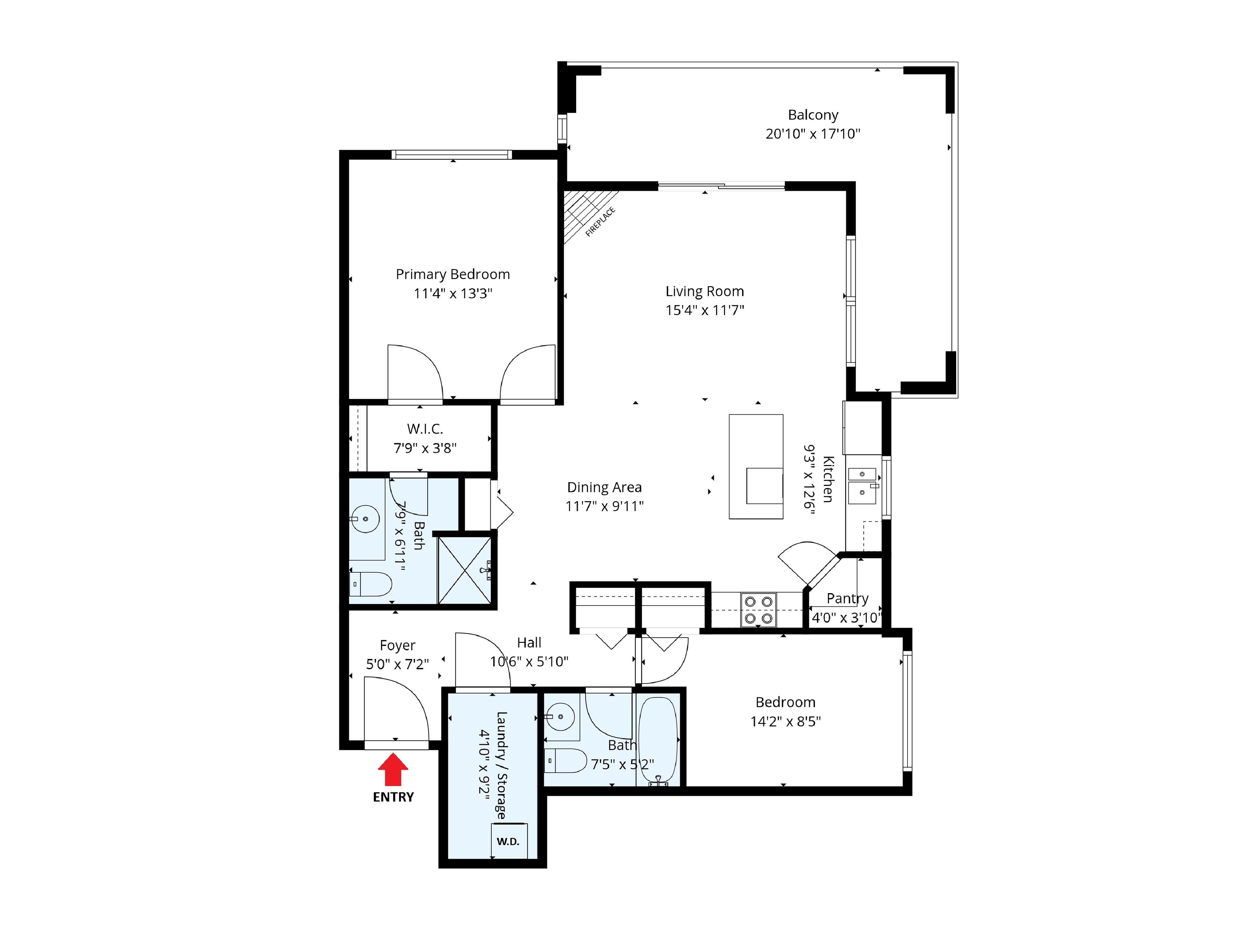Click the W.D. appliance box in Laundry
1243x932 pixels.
click(x=509, y=841)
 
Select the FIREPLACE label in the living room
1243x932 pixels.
click(x=600, y=222)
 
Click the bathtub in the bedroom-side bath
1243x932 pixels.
click(x=658, y=740)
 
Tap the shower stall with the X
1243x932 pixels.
click(x=465, y=570)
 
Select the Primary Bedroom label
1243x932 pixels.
click(x=453, y=274)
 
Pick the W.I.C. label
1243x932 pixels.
click(x=425, y=429)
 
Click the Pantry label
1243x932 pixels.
click(x=847, y=599)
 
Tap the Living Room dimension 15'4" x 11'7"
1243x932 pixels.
click(x=705, y=310)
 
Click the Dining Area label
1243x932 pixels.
click(x=604, y=487)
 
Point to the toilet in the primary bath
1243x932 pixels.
click(x=370, y=584)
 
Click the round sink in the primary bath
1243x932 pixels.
click(x=365, y=519)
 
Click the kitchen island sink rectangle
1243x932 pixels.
click(x=764, y=486)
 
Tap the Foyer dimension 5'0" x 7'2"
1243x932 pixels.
click(x=397, y=664)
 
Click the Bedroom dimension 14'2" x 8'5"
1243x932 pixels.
click(x=786, y=721)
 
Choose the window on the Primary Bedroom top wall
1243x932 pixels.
click(x=452, y=155)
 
